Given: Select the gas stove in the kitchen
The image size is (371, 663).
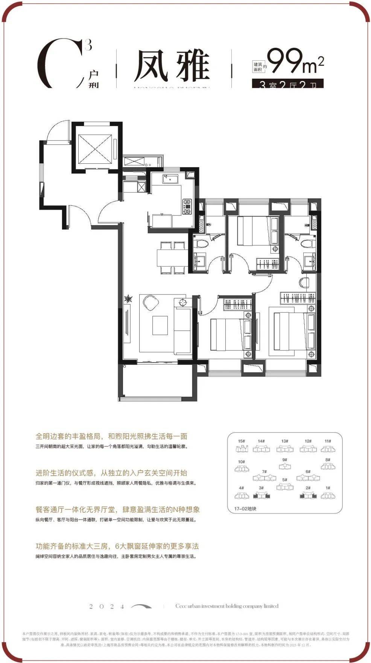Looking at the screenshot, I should [187, 207].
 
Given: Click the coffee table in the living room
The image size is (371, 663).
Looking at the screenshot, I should [160, 325].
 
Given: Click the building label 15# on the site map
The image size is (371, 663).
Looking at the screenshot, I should [242, 441].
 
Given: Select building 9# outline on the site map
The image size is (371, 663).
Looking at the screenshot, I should [285, 466].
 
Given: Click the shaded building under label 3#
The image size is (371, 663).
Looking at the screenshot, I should [262, 495].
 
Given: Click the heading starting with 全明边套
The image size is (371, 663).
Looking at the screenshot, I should [111, 436].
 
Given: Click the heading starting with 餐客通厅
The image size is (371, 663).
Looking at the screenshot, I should [117, 509].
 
